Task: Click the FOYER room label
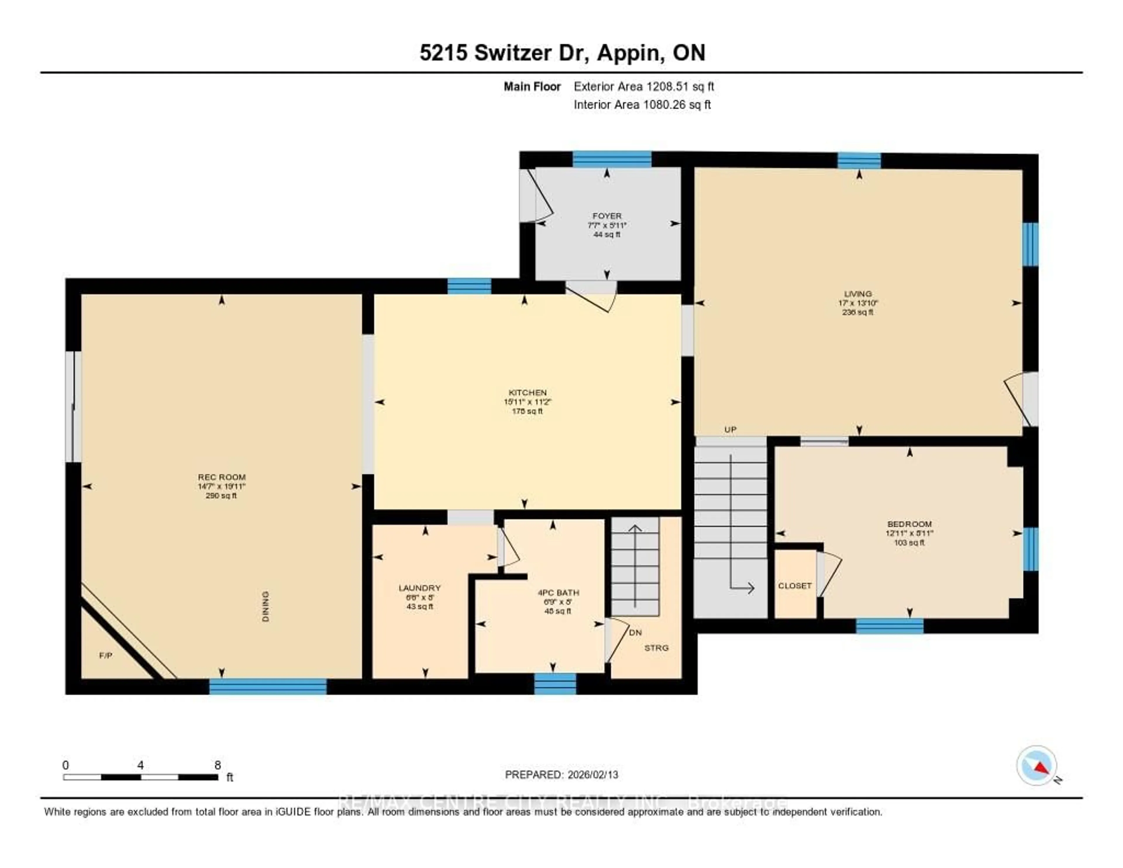tap(607, 216)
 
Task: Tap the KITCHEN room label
tap(527, 392)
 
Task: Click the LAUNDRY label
tap(420, 588)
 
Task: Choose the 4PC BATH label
tap(558, 592)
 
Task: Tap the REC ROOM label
tap(222, 477)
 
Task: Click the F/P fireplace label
tap(105, 656)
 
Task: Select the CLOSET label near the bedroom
tap(794, 586)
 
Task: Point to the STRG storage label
tap(656, 648)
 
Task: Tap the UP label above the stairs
tap(730, 429)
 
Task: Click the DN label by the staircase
tap(635, 632)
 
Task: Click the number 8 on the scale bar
tap(218, 765)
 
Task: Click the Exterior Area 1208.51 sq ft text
tap(643, 86)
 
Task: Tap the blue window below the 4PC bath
tap(555, 684)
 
